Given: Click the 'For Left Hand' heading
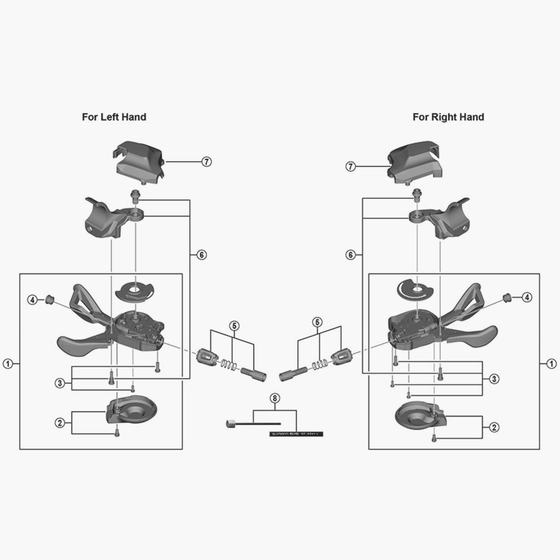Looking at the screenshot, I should pyautogui.click(x=114, y=117).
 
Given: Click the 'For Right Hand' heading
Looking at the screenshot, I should pyautogui.click(x=448, y=117).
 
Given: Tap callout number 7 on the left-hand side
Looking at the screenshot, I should pyautogui.click(x=207, y=161).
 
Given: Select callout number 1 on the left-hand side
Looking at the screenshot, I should pyautogui.click(x=8, y=364).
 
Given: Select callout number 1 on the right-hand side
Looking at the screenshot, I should pyautogui.click(x=552, y=364).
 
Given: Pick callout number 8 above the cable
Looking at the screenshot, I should pyautogui.click(x=274, y=398).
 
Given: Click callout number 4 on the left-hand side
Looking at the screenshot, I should pyautogui.click(x=32, y=300).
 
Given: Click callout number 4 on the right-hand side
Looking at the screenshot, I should pyautogui.click(x=526, y=297).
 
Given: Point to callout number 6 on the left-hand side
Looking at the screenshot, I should pyautogui.click(x=201, y=255).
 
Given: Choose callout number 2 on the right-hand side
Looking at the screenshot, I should pyautogui.click(x=494, y=427).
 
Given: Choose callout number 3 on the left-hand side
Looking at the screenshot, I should pyautogui.click(x=59, y=383).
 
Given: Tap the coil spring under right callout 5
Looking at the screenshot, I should pyautogui.click(x=319, y=362).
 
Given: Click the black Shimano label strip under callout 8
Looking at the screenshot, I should pyautogui.click(x=296, y=434).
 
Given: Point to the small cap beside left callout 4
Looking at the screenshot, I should pyautogui.click(x=49, y=299).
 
